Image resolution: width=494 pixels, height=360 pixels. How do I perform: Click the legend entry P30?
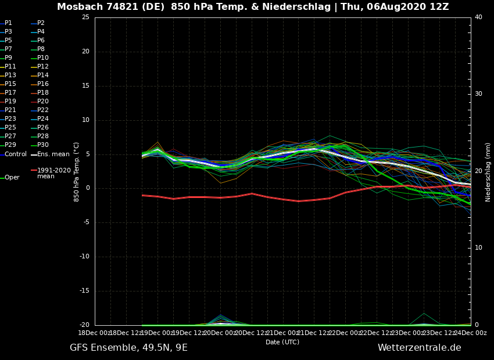[x=43, y=145]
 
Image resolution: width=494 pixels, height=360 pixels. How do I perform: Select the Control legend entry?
[x=15, y=154]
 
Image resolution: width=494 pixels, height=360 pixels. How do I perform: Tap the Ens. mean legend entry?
[x=53, y=154]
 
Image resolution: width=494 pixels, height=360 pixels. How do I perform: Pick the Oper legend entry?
[x=12, y=178]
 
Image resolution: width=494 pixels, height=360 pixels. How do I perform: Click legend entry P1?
[x=8, y=23]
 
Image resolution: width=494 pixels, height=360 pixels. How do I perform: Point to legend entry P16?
[x=43, y=84]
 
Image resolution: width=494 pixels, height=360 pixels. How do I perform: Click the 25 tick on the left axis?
[x=85, y=17]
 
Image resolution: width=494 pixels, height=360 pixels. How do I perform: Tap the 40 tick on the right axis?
[x=478, y=17]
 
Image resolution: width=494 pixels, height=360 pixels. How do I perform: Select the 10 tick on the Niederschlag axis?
[x=478, y=248]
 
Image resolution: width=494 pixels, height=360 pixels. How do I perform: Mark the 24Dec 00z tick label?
[x=471, y=333]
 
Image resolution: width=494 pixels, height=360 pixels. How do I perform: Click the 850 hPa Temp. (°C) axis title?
[x=77, y=171]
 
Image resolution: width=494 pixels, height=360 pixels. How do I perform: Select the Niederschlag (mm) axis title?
[x=488, y=171]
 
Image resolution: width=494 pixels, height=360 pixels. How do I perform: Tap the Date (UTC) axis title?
[x=282, y=342]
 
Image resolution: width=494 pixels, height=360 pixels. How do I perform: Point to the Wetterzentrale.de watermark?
[x=419, y=348]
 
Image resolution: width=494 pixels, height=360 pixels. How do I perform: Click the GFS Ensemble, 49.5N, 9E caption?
[x=128, y=348]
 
